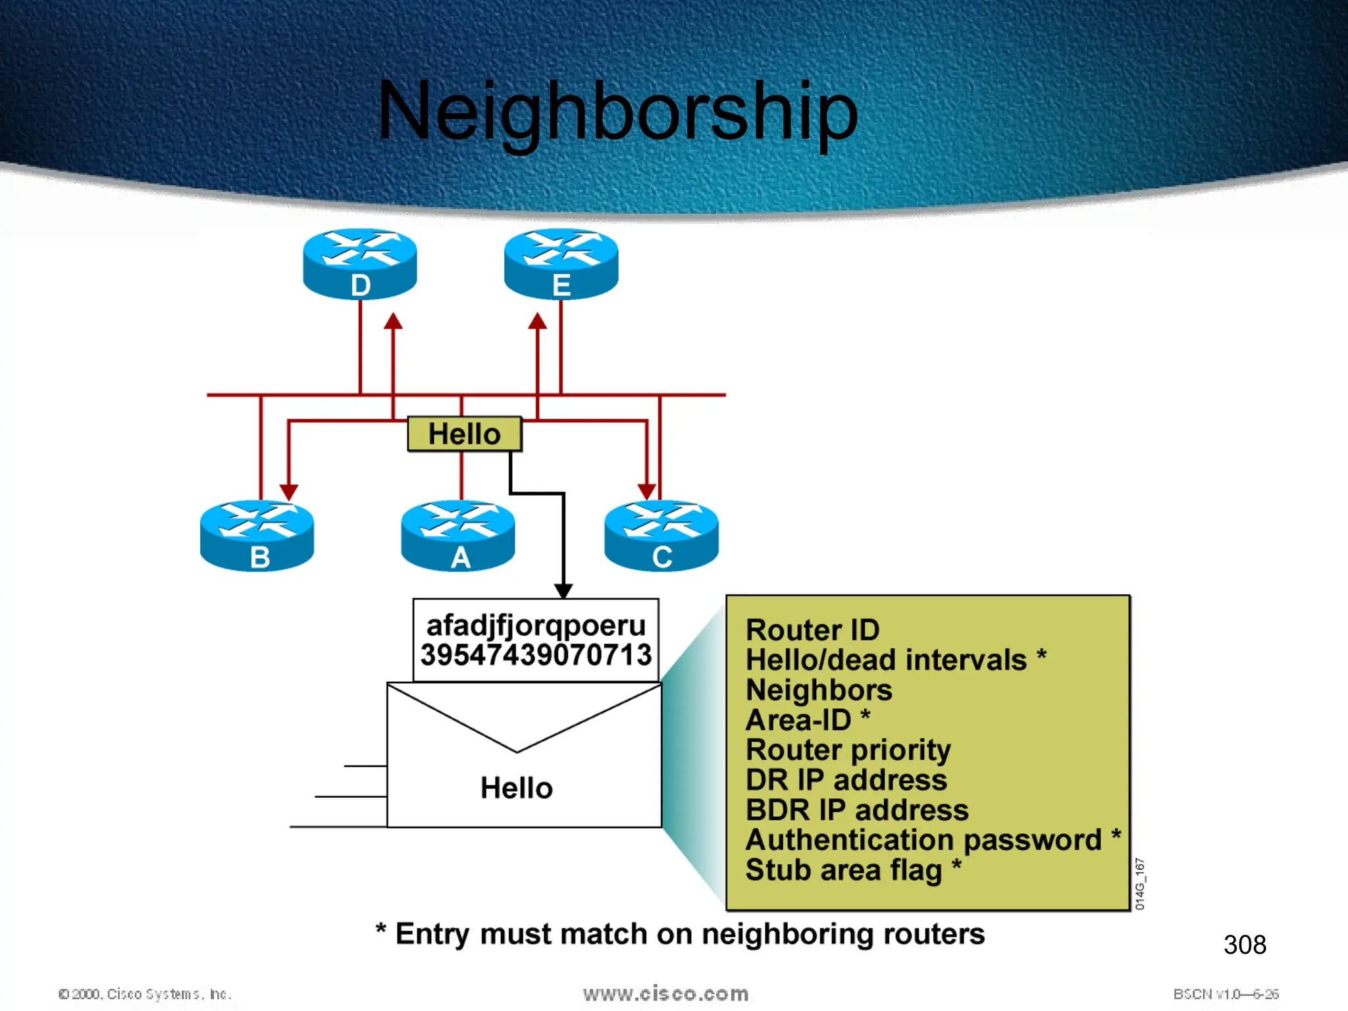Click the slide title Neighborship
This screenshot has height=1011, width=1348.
point(617,111)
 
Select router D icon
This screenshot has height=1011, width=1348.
point(360,263)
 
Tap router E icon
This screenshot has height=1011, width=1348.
point(561,263)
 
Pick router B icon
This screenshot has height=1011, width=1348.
point(257,535)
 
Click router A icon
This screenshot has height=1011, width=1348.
point(458,535)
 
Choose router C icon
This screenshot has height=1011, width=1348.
point(661,535)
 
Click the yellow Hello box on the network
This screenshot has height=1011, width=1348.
point(465,434)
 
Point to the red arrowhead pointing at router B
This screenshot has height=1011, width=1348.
point(289,492)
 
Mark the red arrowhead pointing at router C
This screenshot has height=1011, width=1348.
point(647,491)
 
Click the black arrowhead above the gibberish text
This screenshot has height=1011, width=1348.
point(563,590)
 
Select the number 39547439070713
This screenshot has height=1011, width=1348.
point(536,655)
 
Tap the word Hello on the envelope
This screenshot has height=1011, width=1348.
point(517,788)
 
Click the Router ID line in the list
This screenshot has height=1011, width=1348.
point(812,630)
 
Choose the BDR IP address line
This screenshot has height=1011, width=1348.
point(857,810)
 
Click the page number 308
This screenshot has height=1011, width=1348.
point(1245,945)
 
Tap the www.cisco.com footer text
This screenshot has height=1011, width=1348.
point(665,993)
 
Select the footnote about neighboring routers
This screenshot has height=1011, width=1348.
point(681,934)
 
